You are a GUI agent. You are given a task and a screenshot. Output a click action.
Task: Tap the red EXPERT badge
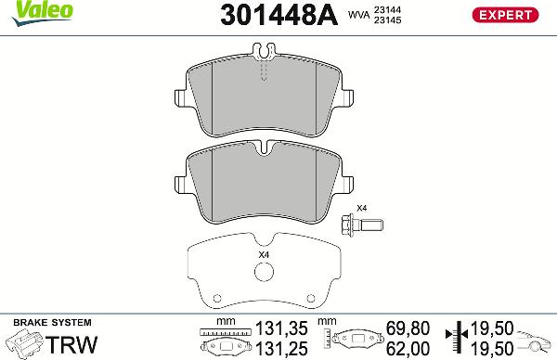506,14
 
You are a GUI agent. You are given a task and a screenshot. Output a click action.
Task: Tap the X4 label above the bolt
362,208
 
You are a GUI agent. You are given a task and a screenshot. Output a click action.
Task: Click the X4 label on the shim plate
263,255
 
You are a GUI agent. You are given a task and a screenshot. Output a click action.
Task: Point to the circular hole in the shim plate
265,274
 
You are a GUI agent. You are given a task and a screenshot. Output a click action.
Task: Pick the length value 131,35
280,328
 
